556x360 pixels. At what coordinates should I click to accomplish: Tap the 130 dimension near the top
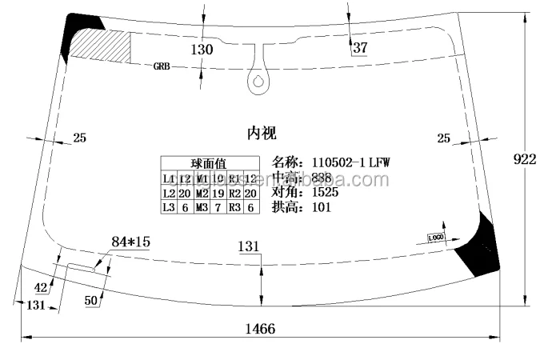tap(202, 50)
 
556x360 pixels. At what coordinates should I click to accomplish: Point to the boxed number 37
tap(359, 48)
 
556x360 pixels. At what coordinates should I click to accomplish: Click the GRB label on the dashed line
tap(162, 67)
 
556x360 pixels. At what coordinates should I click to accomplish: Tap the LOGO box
tap(435, 238)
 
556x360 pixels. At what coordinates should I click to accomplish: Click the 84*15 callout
tap(130, 241)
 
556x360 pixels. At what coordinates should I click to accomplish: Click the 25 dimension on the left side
tap(79, 138)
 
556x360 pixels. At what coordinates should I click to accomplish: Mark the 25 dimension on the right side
tap(443, 138)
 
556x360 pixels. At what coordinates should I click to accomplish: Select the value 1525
tap(325, 192)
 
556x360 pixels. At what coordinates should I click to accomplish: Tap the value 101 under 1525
tap(321, 207)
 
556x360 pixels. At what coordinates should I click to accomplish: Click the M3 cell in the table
tap(202, 208)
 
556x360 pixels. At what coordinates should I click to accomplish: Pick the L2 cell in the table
tap(169, 194)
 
